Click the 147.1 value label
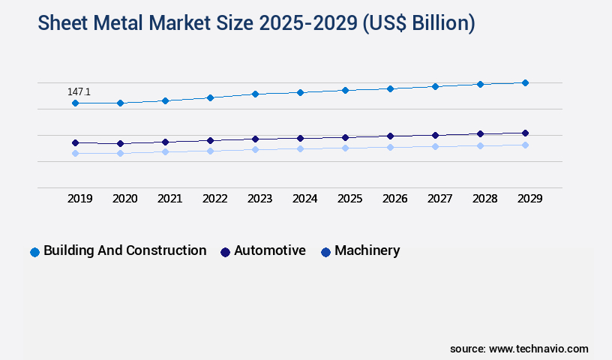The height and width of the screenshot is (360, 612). click(x=79, y=91)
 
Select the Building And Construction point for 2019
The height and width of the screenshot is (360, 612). click(x=75, y=103)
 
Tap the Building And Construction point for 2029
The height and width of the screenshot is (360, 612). click(x=525, y=82)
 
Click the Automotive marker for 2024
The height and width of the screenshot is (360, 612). click(x=300, y=138)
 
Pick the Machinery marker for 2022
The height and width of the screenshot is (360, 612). click(x=210, y=151)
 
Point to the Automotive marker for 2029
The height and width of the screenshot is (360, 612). click(x=525, y=133)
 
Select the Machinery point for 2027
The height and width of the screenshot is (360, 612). click(x=435, y=146)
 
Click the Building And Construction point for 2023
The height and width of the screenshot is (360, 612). click(x=255, y=94)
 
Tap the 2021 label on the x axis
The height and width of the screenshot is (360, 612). click(x=169, y=199)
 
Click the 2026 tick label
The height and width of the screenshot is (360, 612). click(x=394, y=199)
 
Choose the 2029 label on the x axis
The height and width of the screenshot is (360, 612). click(x=529, y=199)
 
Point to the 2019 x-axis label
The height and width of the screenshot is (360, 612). click(x=79, y=199)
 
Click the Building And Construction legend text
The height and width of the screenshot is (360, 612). click(x=124, y=250)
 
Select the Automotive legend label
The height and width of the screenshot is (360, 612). click(x=269, y=250)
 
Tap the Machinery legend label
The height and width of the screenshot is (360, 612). click(x=367, y=250)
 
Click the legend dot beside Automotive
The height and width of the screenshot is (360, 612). click(x=224, y=252)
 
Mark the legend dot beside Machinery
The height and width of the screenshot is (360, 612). click(x=325, y=252)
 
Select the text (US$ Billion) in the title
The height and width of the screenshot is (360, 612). click(x=418, y=23)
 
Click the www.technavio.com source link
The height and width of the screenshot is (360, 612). click(x=538, y=349)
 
